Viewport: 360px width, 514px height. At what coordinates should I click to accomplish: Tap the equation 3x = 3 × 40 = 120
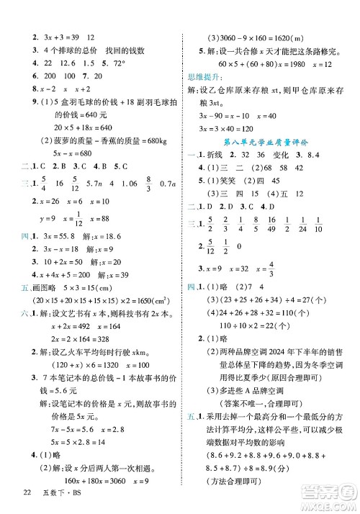tap(231, 127)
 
